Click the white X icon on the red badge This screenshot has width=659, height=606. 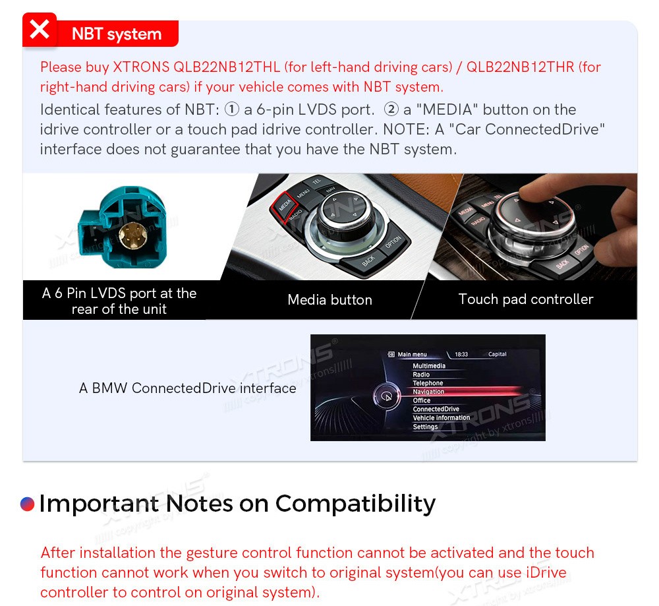[x=40, y=30]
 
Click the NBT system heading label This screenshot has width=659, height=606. [x=117, y=34]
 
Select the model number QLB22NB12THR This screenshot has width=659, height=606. [x=521, y=67]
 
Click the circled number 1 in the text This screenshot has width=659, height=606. [x=232, y=109]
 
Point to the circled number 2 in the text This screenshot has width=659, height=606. [x=391, y=109]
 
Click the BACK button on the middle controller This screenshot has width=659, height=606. [x=368, y=261]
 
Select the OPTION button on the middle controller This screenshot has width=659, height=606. [x=393, y=243]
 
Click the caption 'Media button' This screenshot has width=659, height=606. [x=330, y=300]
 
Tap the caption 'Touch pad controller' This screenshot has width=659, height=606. [x=526, y=299]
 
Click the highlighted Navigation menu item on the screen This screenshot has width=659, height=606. [x=428, y=392]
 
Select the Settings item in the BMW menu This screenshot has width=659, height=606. [x=425, y=427]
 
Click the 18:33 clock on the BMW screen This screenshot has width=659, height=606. [x=461, y=354]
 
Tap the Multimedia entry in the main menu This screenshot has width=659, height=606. [x=429, y=366]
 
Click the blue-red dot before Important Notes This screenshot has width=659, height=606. [x=27, y=504]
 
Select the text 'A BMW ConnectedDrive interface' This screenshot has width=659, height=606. [x=187, y=388]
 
